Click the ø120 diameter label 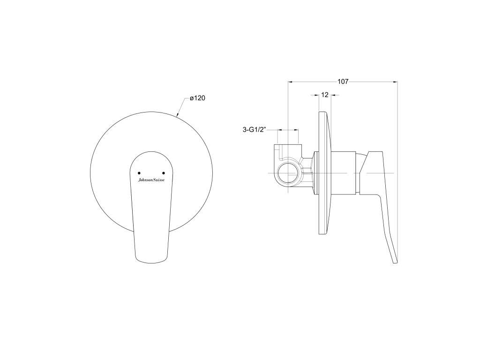(x=197, y=98)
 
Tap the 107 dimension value (x=343, y=82)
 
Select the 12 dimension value (x=325, y=95)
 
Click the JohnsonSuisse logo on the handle (x=151, y=180)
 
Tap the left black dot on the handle (x=139, y=173)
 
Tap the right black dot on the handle (x=164, y=173)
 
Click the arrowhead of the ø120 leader (x=178, y=115)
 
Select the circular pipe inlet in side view (x=288, y=173)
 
